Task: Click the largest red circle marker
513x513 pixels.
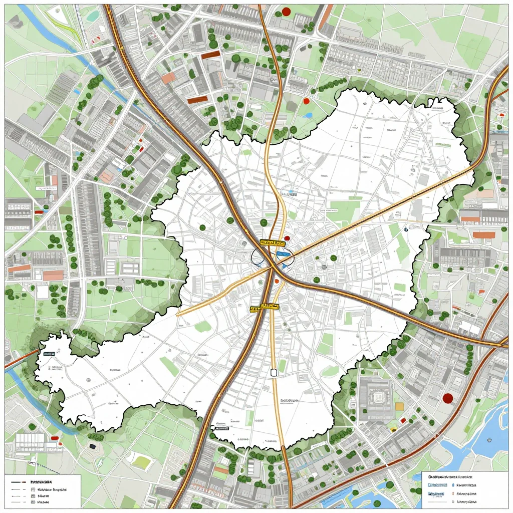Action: (x=448, y=398)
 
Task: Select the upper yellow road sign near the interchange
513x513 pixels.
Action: (x=270, y=242)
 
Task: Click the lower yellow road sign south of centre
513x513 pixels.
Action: (x=264, y=306)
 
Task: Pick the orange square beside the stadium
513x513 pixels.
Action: (x=399, y=406)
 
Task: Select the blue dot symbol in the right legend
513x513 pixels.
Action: (x=452, y=485)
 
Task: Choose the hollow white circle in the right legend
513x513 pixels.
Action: (x=452, y=500)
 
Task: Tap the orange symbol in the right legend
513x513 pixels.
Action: (x=452, y=493)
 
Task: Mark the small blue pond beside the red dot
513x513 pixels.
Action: (x=309, y=115)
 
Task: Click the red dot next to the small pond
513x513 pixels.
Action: (x=306, y=101)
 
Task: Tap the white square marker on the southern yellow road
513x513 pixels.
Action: (x=274, y=372)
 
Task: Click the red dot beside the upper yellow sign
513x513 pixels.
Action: (x=287, y=238)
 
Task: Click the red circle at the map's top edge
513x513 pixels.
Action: (x=286, y=11)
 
